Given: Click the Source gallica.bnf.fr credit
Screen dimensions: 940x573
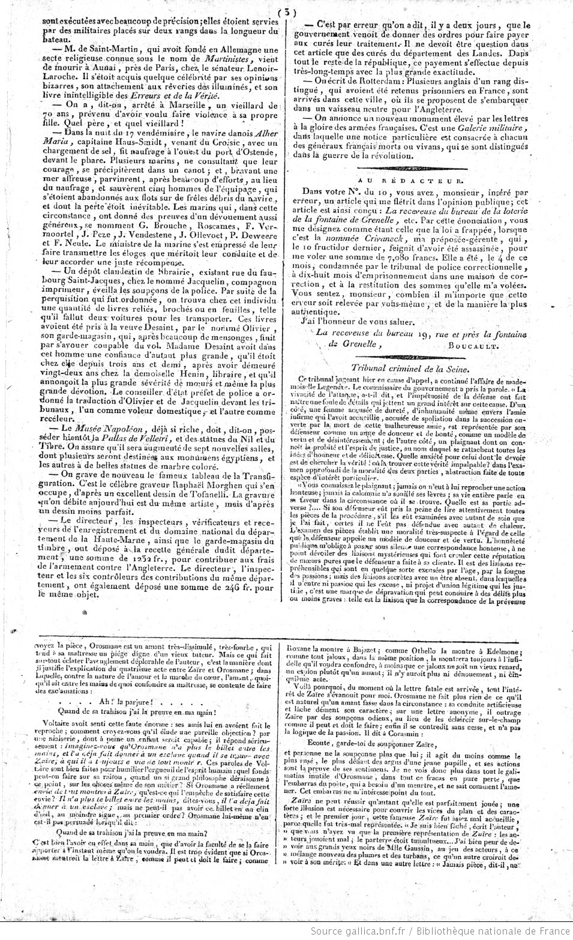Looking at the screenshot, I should click(353, 931).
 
